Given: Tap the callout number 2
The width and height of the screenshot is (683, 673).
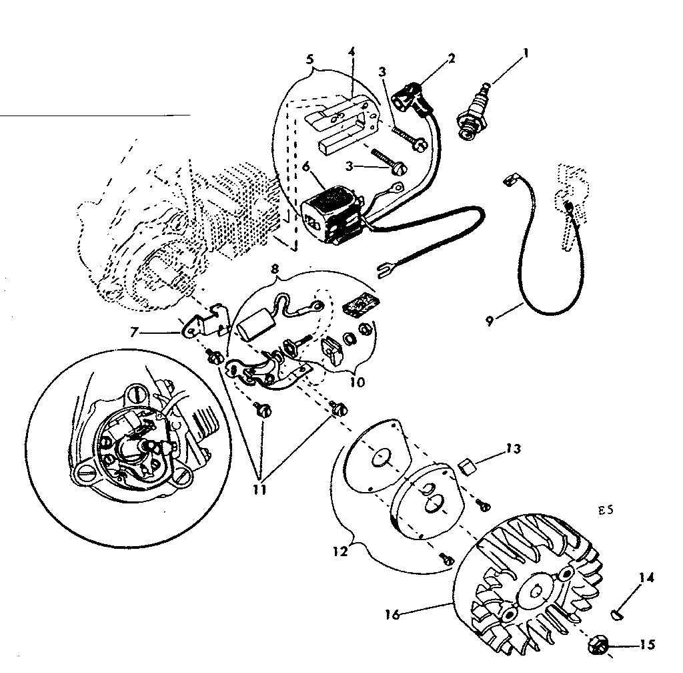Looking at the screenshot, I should pos(452,58).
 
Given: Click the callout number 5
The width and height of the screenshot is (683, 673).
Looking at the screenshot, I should pos(309,59).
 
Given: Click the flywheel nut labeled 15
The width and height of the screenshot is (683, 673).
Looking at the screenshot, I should pos(392,615).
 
